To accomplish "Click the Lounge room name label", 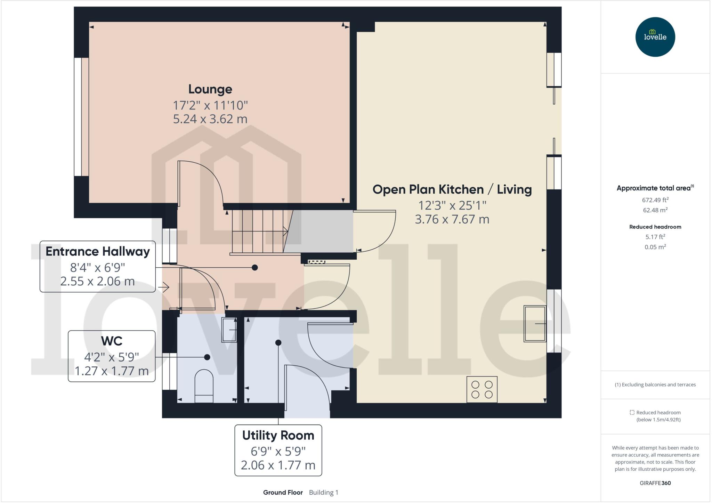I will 210,89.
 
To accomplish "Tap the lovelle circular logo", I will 655,37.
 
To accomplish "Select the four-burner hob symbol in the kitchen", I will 482,389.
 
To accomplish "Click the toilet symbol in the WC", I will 204,386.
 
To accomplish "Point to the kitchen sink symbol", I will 535,324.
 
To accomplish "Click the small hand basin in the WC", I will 229,330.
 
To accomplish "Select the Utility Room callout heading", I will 278,435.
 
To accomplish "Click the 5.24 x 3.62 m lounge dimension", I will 210,119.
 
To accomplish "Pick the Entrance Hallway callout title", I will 98,251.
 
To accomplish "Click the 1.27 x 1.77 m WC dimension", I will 112,371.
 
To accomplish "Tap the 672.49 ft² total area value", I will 655,200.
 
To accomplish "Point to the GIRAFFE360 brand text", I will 655,483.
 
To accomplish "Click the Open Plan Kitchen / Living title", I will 452,189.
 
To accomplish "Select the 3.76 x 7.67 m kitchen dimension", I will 452,219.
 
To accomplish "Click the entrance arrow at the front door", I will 164,287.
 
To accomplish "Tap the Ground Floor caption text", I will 283,492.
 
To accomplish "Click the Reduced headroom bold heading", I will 655,227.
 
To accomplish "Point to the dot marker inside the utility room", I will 278,343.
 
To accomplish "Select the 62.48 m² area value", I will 655,210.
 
